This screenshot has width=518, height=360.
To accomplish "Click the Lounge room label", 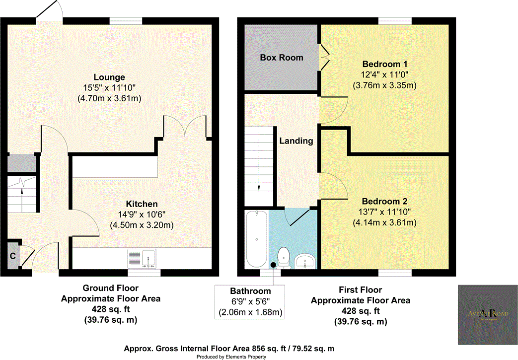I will (109, 77).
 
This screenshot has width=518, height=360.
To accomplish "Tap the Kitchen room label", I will (142, 204).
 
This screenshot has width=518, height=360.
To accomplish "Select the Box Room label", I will (282, 58).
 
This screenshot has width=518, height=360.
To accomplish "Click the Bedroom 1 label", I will (384, 64).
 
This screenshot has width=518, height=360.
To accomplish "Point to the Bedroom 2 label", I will (384, 202).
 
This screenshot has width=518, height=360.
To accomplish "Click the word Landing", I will (296, 141).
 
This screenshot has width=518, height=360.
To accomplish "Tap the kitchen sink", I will (143, 258).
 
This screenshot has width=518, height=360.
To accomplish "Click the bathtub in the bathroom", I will (256, 239).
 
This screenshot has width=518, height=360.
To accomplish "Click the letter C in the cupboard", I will (12, 257).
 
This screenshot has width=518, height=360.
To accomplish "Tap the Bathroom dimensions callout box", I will (250, 302).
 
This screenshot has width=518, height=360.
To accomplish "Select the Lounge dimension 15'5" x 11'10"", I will (109, 88).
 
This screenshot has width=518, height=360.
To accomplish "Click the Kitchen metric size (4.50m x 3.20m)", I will (142, 225).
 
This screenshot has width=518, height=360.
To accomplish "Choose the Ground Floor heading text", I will (110, 288).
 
